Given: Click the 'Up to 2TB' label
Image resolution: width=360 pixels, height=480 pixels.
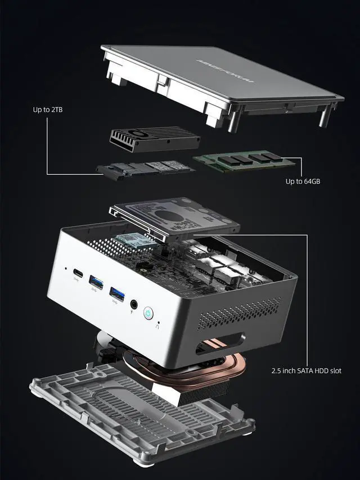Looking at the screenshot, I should [x=47, y=109].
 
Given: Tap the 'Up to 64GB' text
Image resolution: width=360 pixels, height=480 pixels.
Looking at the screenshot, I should [x=303, y=181].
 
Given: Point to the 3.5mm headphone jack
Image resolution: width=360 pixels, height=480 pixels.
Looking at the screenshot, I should [x=134, y=304].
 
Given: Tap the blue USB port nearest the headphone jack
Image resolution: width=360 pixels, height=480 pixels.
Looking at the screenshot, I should [x=117, y=293].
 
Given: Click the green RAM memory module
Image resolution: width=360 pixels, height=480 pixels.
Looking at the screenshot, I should [x=244, y=161].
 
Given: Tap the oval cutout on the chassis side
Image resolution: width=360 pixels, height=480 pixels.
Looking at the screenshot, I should [x=220, y=343].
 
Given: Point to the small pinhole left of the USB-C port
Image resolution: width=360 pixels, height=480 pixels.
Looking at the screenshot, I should [x=66, y=268].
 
